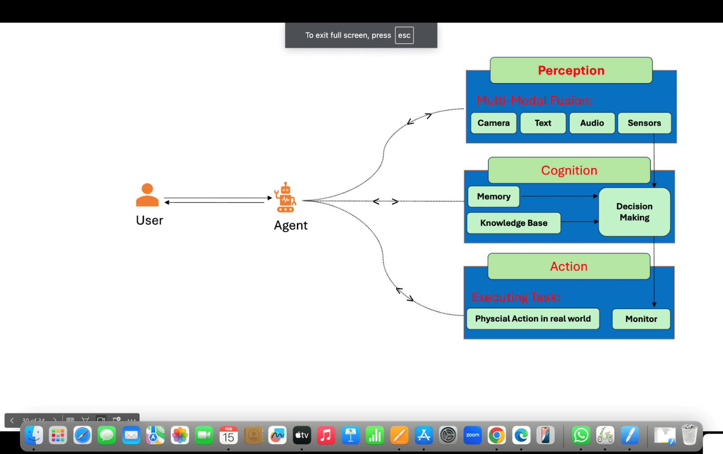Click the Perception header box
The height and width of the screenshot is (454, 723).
tap(571, 71)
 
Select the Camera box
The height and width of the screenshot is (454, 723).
tap(493, 123)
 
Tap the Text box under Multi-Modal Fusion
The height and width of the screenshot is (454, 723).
tap(543, 123)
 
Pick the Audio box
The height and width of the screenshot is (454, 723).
tap(592, 123)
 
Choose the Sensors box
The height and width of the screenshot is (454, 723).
tap(644, 123)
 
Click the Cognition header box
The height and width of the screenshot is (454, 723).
tap(569, 170)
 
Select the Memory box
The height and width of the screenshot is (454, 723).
tap(493, 197)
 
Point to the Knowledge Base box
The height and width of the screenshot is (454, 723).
tap(514, 223)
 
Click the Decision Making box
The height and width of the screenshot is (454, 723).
tap(634, 212)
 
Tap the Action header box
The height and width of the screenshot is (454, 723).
tap(568, 266)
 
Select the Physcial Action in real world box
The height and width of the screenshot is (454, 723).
tap(533, 319)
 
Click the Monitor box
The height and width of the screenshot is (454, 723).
tap(641, 319)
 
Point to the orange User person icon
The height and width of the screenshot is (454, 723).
tap(147, 195)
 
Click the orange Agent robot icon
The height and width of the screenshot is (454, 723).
tap(285, 198)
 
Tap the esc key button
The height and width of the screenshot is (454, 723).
tap(404, 35)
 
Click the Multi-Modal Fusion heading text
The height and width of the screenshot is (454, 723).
tap(534, 100)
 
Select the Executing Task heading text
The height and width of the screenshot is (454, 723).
tap(516, 297)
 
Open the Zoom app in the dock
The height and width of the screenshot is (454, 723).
tap(473, 435)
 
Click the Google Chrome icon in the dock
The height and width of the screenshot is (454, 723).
tap(497, 435)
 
